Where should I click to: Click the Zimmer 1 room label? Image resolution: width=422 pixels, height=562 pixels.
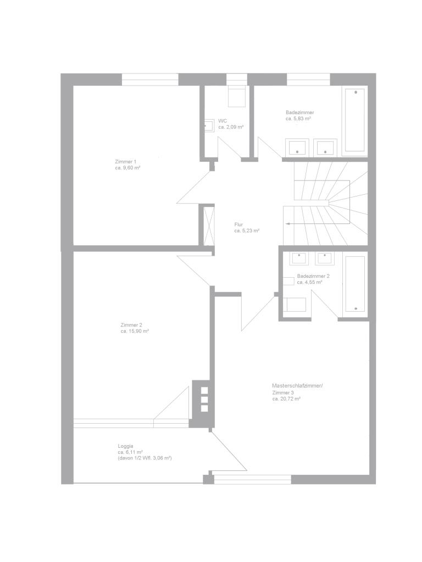(123, 161)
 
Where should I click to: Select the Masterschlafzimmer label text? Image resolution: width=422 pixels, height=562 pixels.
(297, 386)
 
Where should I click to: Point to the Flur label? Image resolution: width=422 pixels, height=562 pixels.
(238, 224)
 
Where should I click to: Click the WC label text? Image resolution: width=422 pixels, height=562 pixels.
(223, 121)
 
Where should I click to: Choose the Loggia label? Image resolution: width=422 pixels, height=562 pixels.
(125, 446)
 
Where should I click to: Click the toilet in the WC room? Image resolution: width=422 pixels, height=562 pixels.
(237, 96)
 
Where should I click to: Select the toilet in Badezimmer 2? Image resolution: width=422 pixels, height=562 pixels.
(295, 305)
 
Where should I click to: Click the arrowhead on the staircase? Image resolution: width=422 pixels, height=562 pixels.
(288, 224)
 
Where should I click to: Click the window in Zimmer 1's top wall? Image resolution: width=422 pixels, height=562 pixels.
(150, 80)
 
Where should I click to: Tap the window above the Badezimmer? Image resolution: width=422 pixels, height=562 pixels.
(308, 80)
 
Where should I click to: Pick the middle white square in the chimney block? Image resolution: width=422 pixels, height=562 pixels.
(204, 400)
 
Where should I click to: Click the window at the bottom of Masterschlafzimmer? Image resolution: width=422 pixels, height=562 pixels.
(252, 479)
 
